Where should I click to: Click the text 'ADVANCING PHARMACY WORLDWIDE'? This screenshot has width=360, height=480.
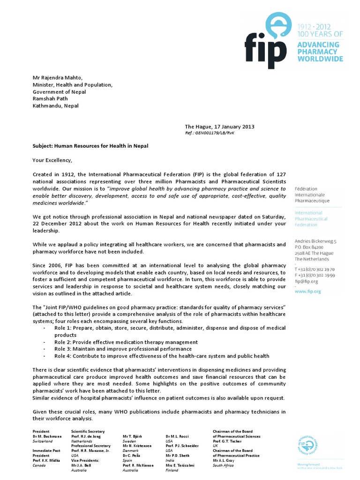click(x=320, y=51)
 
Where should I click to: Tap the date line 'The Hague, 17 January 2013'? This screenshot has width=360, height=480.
click(x=219, y=127)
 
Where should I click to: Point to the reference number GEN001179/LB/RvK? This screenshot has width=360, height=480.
click(x=209, y=133)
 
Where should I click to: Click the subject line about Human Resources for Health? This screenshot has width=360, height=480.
click(x=90, y=146)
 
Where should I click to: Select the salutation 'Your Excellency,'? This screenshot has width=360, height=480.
click(x=53, y=160)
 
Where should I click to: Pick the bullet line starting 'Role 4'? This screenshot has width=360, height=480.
click(x=162, y=356)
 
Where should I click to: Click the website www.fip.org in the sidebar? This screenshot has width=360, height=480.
click(x=307, y=291)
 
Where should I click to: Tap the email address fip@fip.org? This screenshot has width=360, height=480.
click(x=306, y=281)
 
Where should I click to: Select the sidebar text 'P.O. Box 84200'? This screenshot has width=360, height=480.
click(x=308, y=247)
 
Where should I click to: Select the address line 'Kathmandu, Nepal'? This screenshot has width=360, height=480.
click(x=55, y=105)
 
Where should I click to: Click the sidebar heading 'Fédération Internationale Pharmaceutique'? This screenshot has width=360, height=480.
click(x=312, y=195)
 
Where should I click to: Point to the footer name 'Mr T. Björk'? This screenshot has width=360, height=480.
click(x=133, y=436)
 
